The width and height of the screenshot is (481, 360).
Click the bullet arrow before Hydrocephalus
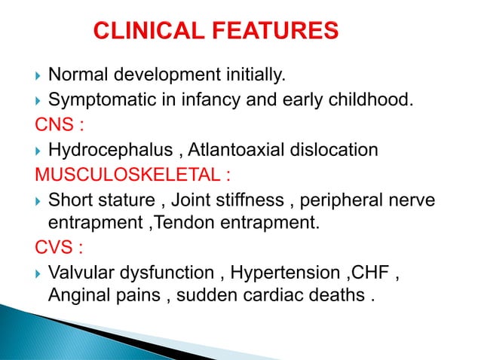pyautogui.click(x=38, y=151)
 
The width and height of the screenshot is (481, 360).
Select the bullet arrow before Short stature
pyautogui.click(x=38, y=202)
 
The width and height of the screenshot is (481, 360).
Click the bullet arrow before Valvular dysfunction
pyautogui.click(x=38, y=272)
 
